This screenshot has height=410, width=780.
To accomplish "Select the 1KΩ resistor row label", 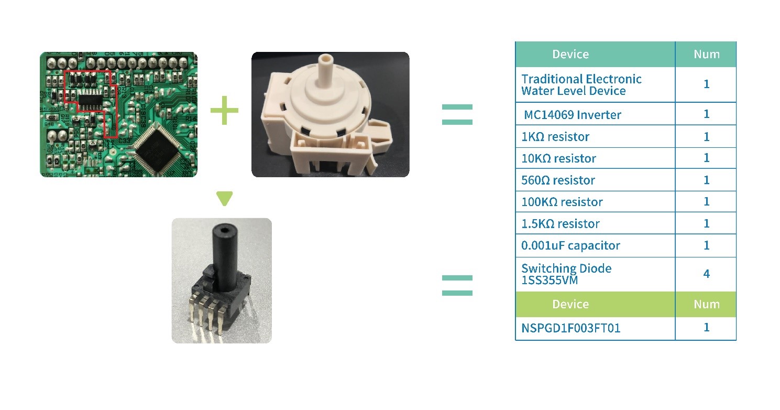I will (x=555, y=137).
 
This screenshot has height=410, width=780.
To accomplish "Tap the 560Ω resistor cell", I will (x=558, y=180).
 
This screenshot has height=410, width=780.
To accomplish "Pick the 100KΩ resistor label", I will (x=562, y=202).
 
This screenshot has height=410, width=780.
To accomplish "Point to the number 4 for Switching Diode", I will (x=706, y=274).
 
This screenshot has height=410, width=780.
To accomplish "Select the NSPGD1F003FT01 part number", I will (x=571, y=328).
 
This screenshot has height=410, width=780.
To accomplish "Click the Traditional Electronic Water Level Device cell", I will (x=581, y=85).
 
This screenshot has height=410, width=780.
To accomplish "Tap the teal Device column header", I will (x=570, y=55).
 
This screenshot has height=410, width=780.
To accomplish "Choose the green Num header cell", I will (x=706, y=304).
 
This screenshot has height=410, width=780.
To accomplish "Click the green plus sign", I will (x=224, y=111).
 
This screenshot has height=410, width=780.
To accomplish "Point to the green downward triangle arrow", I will (x=224, y=198).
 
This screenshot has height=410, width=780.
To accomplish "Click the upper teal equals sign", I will (x=457, y=115).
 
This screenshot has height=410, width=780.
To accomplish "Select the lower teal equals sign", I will (x=457, y=285).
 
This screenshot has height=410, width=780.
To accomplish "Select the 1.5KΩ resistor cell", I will (x=560, y=224).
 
